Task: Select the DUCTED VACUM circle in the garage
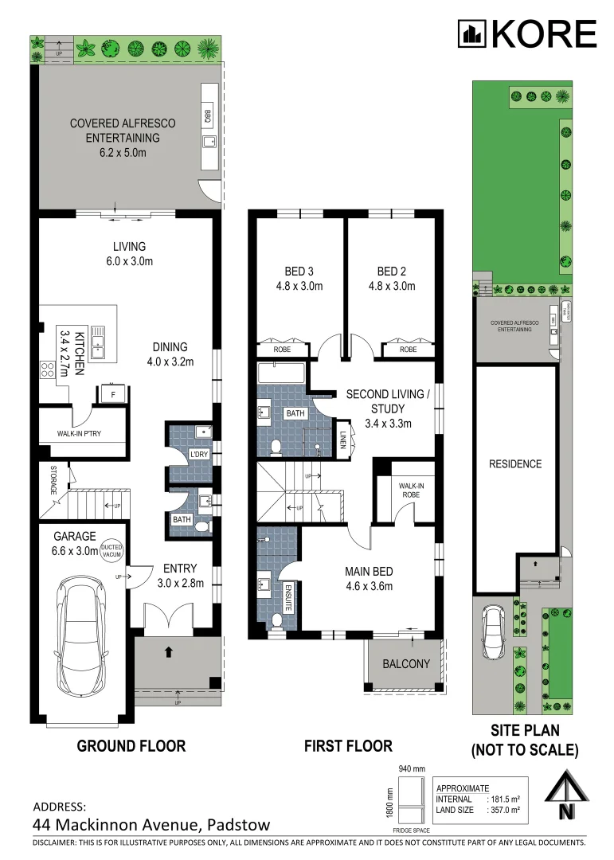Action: (112, 550)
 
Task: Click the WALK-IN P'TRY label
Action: (79, 433)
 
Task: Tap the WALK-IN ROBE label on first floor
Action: (409, 490)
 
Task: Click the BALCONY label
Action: (406, 664)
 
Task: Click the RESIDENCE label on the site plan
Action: (515, 464)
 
